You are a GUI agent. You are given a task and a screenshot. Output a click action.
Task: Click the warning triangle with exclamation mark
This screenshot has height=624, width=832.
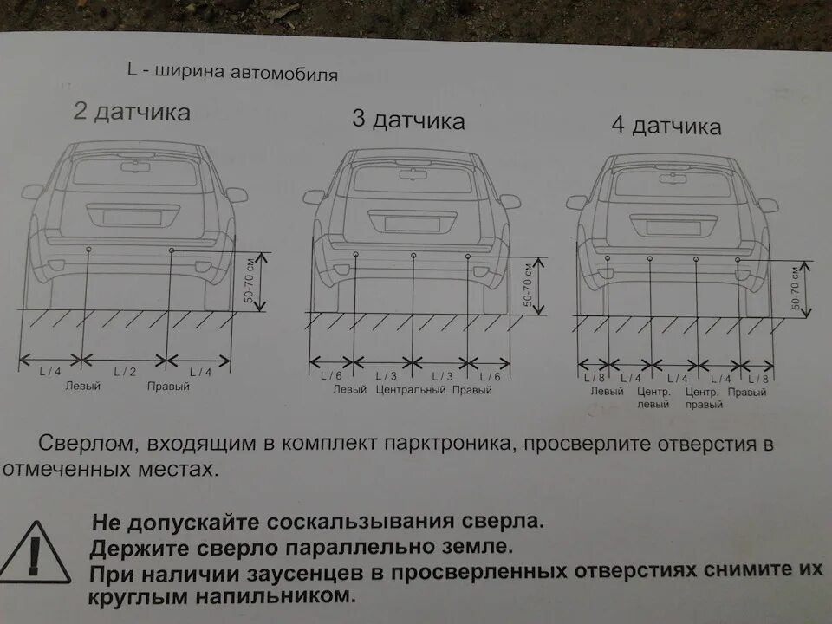36,552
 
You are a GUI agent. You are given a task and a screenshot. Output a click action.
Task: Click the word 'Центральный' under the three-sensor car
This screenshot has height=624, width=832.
411,390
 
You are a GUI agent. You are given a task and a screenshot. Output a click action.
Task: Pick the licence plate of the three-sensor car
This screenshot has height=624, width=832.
412,224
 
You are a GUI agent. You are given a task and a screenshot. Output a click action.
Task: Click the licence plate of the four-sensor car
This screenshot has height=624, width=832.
673,228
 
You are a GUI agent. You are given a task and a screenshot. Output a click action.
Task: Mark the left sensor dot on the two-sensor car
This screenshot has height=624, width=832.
89,250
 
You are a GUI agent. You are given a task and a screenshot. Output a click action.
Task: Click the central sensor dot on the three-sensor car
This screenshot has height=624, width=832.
413,255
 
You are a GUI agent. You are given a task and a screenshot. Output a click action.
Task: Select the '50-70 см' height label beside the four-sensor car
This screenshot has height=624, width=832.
794,289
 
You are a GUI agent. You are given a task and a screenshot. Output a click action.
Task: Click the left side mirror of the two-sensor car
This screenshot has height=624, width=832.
33,192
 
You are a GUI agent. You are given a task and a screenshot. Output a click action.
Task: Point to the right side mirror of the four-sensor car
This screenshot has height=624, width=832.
767,205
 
